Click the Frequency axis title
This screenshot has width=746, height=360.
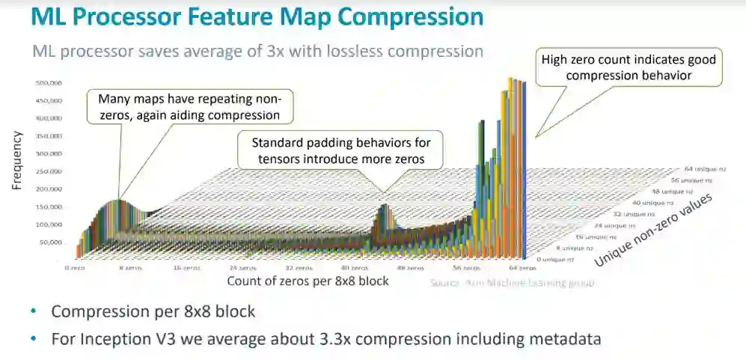point(16,160)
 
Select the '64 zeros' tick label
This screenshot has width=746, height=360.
point(522,267)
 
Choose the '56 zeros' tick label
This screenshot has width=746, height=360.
point(467,267)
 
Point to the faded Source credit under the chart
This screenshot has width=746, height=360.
point(510,282)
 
